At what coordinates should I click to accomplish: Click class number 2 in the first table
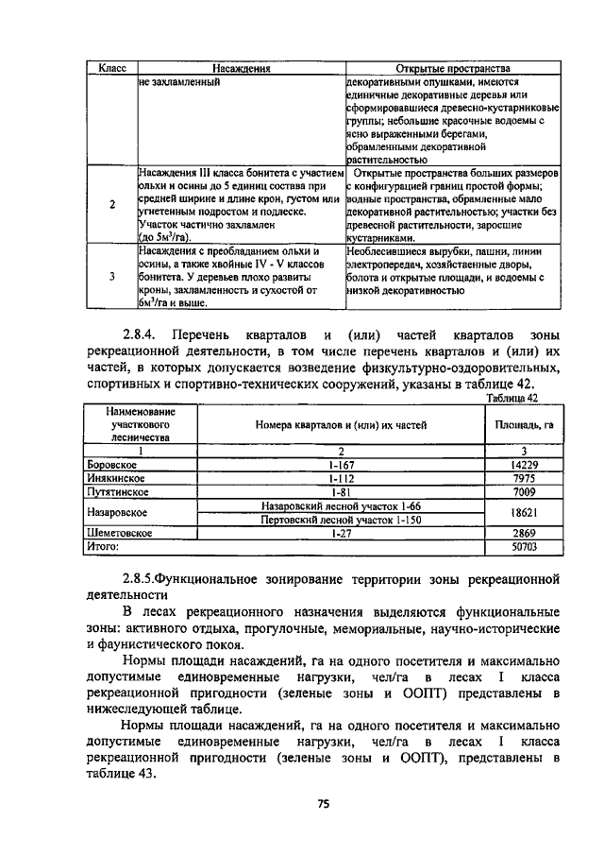[x=113, y=205]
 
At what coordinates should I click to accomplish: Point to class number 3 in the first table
[x=113, y=276]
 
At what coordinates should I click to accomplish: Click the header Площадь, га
[x=524, y=425]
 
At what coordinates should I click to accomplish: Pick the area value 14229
[x=524, y=465]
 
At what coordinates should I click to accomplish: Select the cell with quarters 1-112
[x=341, y=478]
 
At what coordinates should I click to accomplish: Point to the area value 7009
[x=524, y=491]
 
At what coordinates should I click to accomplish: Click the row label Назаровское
[x=115, y=512]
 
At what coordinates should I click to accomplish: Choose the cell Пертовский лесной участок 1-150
[x=341, y=519]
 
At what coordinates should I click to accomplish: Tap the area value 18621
[x=524, y=512]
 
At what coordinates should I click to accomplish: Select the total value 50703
[x=524, y=546]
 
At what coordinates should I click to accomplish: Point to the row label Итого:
[x=103, y=546]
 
